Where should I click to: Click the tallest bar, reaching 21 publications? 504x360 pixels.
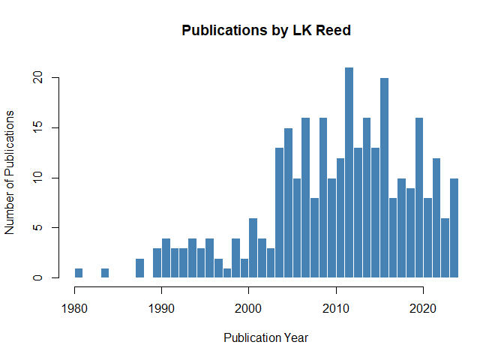coord(349,172)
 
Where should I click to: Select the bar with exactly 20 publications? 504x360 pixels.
coord(384,178)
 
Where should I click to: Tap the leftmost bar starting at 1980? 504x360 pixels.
coord(79,273)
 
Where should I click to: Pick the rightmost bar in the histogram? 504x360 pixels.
coord(454,228)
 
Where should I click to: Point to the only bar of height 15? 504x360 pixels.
coord(288,202)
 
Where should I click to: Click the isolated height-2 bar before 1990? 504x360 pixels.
coord(139,268)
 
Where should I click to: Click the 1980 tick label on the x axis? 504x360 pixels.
coord(74,308)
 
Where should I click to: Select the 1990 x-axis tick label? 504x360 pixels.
coord(161,308)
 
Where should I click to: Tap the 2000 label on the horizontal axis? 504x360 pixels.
coord(248,308)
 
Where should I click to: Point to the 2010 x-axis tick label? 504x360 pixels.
coord(336,308)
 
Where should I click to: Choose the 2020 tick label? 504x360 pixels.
coord(423,308)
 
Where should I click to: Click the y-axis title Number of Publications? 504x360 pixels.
coord(10,172)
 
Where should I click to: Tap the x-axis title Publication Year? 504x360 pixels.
coord(265,337)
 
